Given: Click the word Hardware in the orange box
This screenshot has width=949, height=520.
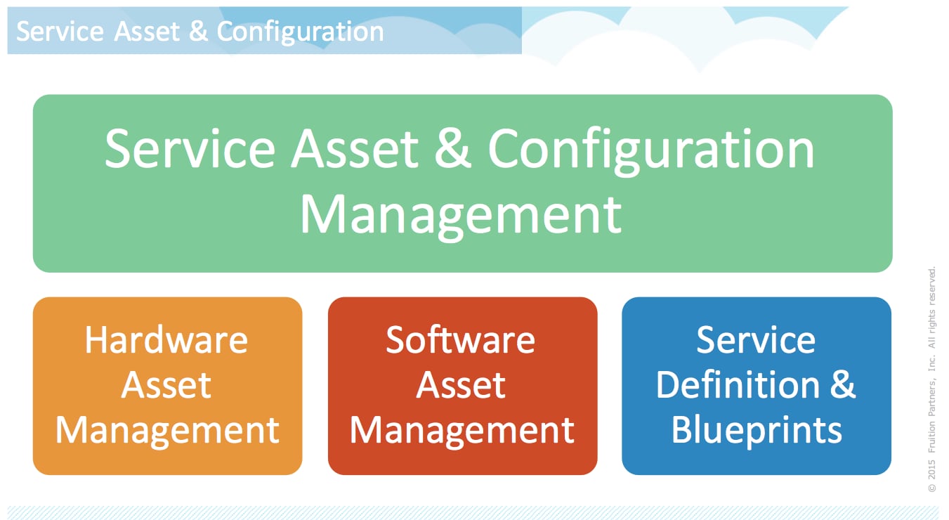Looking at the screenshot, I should [166, 340].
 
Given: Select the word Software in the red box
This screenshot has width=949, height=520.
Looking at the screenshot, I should [460, 340].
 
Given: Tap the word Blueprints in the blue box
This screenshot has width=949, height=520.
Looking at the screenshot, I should [757, 429].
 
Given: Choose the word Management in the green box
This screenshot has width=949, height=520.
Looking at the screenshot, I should [461, 214].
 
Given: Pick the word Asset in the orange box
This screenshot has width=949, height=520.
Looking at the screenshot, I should [166, 385].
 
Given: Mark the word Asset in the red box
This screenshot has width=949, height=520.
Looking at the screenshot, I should [461, 385].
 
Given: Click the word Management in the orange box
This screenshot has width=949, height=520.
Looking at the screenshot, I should [167, 429].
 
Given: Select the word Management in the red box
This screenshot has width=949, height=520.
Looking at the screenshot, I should [462, 429].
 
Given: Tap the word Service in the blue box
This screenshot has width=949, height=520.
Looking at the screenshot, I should [756, 340].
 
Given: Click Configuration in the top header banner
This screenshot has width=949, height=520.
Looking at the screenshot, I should [301, 32].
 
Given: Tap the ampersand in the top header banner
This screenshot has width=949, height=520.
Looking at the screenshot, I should [199, 32].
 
